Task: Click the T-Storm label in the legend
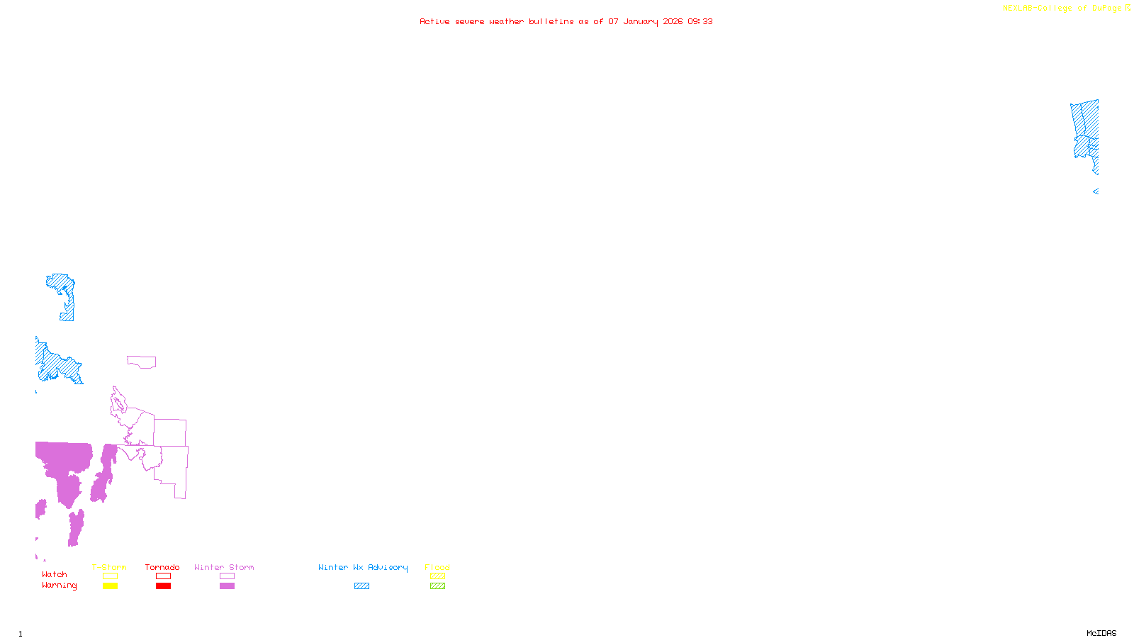[x=109, y=567]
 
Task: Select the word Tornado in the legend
[x=162, y=567]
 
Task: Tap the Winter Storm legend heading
[x=224, y=567]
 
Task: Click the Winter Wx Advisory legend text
[x=363, y=567]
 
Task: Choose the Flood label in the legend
[x=437, y=567]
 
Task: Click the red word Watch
[x=55, y=574]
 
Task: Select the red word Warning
[x=59, y=586]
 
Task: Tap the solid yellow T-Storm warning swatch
[x=110, y=586]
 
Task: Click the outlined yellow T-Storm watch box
[x=110, y=576]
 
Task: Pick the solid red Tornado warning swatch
[x=163, y=586]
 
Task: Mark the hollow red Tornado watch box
[x=163, y=576]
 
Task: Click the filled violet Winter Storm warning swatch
[x=227, y=586]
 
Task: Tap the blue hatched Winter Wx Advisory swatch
[x=361, y=586]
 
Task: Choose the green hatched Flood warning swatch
[x=437, y=586]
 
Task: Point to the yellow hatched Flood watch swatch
[x=437, y=576]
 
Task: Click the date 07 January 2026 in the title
[x=645, y=21]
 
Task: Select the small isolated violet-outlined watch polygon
[x=142, y=362]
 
